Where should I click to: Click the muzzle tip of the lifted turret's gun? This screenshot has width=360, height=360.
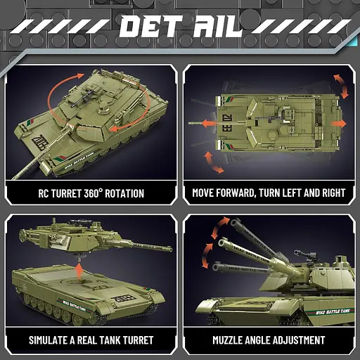coord(170,247)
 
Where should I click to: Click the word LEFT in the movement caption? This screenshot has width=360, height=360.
coord(301,193)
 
